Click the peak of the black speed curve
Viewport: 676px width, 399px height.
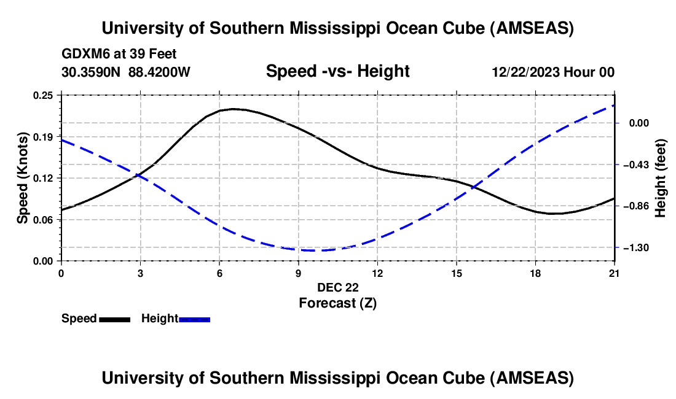click(x=233, y=109)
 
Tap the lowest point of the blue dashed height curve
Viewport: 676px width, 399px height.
click(x=312, y=250)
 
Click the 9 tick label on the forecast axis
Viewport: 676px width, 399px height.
click(x=298, y=273)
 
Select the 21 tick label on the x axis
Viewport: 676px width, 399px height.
click(x=615, y=273)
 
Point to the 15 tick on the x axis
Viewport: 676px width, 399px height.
click(x=456, y=273)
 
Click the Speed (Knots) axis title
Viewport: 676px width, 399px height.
click(x=22, y=178)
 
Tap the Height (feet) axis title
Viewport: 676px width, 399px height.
click(x=661, y=178)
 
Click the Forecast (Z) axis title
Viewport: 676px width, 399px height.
click(x=337, y=303)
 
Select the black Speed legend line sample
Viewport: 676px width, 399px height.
click(x=115, y=319)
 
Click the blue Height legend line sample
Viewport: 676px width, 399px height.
click(x=195, y=319)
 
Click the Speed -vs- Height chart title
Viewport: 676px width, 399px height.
click(x=337, y=71)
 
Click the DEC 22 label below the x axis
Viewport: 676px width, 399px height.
click(x=337, y=287)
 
